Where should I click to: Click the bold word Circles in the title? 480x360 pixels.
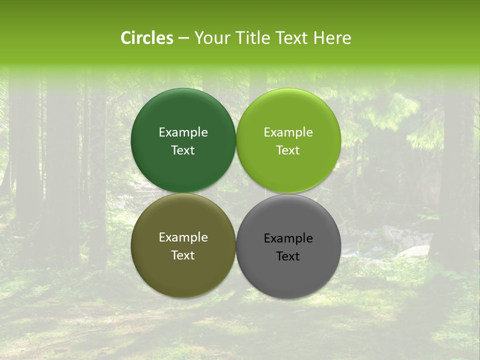(146, 38)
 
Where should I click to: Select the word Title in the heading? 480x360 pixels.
(250, 38)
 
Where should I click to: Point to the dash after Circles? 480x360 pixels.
(183, 38)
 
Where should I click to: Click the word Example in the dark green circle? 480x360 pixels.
(183, 132)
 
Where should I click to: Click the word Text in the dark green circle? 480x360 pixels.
(183, 150)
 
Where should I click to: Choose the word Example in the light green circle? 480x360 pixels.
(288, 132)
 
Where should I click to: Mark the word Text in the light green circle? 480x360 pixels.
(288, 150)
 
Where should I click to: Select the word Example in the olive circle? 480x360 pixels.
(183, 237)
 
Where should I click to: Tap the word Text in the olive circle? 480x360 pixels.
(183, 255)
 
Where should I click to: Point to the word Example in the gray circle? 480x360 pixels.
(288, 238)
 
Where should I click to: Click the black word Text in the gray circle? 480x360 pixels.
(288, 256)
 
